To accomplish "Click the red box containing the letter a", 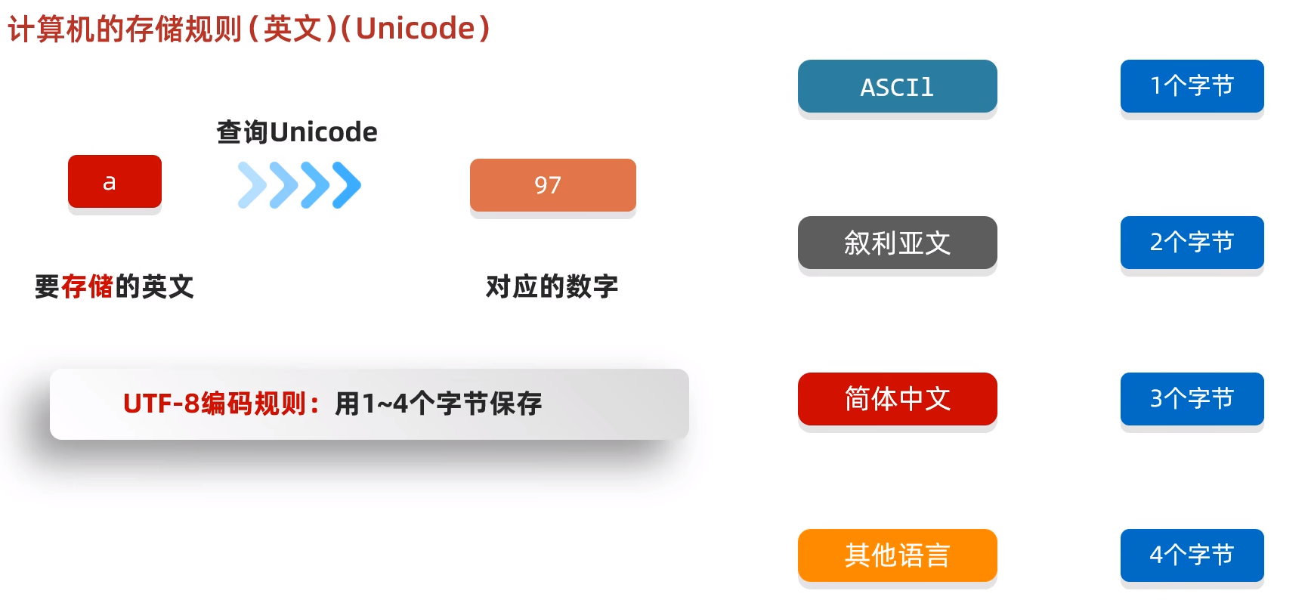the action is tap(114, 181).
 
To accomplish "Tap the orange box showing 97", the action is tap(552, 185).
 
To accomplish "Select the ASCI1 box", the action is tap(897, 87).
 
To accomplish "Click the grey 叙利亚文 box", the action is tap(897, 243).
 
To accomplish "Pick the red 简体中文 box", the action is tap(897, 399).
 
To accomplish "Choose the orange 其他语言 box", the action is tap(897, 555).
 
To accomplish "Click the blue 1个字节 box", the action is tap(1192, 86).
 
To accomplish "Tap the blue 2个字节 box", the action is tap(1192, 243).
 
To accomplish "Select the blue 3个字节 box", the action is tap(1192, 399).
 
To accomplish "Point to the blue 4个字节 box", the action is tap(1192, 555).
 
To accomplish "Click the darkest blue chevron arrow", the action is tap(347, 185).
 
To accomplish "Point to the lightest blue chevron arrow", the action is tap(252, 185).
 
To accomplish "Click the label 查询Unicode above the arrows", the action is tap(297, 132).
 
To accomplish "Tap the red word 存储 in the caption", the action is tap(87, 287).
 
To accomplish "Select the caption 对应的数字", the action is tap(552, 287).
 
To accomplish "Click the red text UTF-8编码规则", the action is tap(215, 404).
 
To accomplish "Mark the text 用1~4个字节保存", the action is tap(438, 404).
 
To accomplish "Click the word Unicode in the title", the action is tap(415, 29).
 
